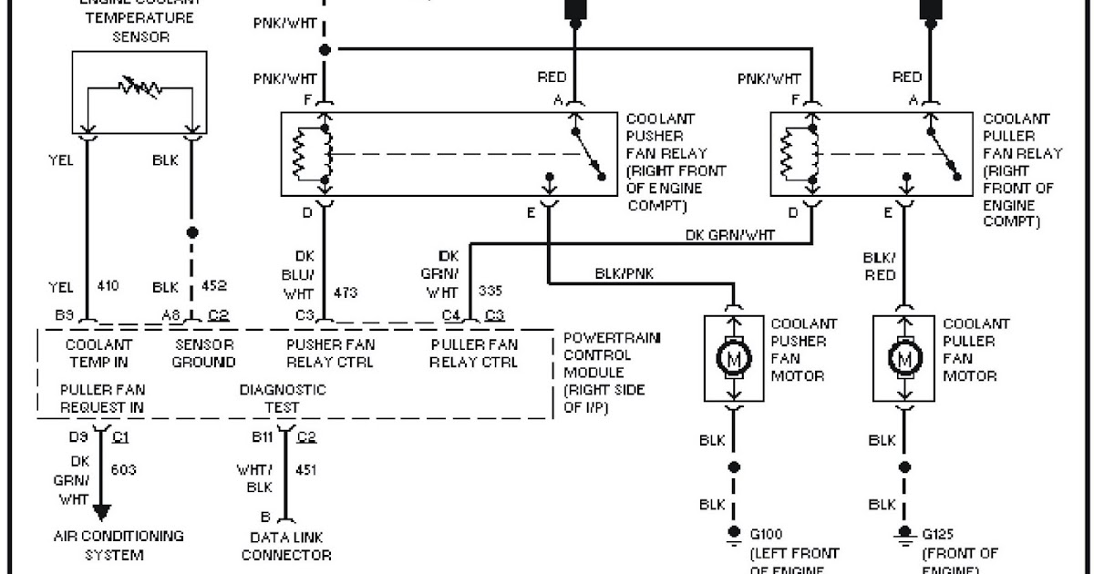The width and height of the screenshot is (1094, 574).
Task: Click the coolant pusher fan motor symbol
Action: tap(734, 360)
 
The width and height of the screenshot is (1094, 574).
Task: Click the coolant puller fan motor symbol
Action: tap(905, 360)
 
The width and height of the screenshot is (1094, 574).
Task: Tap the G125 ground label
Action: tap(939, 534)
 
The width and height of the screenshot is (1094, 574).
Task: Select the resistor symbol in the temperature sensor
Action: tap(139, 88)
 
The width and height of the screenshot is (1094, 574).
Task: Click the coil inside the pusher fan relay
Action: tap(301, 154)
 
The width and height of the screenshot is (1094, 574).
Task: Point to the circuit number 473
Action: tap(346, 292)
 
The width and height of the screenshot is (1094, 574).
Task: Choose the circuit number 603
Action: tap(123, 469)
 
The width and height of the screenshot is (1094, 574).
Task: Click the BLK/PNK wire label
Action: tap(624, 272)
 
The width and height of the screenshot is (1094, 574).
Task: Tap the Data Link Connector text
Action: tap(285, 546)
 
